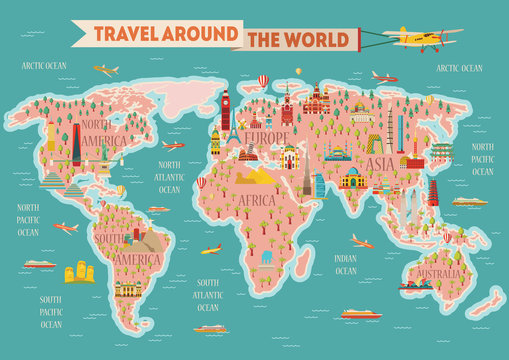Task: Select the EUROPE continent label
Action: pyautogui.click(x=267, y=138)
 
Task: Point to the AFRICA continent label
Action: pyautogui.click(x=256, y=199)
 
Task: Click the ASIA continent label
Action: pyautogui.click(x=379, y=164)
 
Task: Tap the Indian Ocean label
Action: pyautogui.click(x=345, y=264)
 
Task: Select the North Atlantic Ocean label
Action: pyautogui.click(x=170, y=177)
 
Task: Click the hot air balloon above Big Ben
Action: pyautogui.click(x=263, y=80)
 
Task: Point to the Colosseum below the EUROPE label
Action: pyautogui.click(x=247, y=154)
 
